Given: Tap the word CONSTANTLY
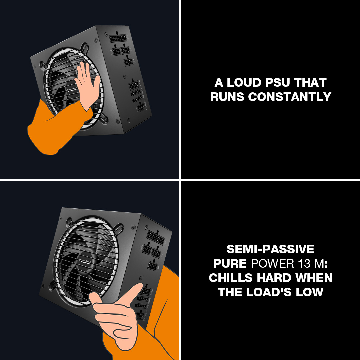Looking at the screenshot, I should pos(290,97).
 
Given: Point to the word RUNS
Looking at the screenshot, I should pos(228,97).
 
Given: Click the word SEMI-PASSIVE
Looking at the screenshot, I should pos(270,249).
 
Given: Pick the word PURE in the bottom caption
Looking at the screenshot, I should pos(230,263).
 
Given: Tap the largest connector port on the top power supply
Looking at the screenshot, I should pos(118,37).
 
